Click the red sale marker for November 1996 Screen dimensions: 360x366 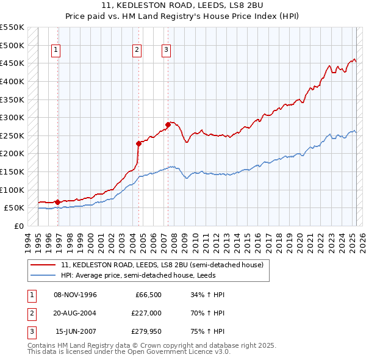click(57, 202)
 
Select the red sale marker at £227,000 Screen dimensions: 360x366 click(138, 143)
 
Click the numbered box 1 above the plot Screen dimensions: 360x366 click(56, 51)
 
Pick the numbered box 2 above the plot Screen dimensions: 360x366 click(137, 51)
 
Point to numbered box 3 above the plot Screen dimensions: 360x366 click(166, 51)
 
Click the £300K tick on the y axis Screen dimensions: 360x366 click(13, 117)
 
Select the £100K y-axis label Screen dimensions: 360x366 click(13, 190)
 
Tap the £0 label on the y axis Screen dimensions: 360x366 click(18, 226)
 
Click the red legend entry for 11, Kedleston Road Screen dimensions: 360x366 click(162, 265)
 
